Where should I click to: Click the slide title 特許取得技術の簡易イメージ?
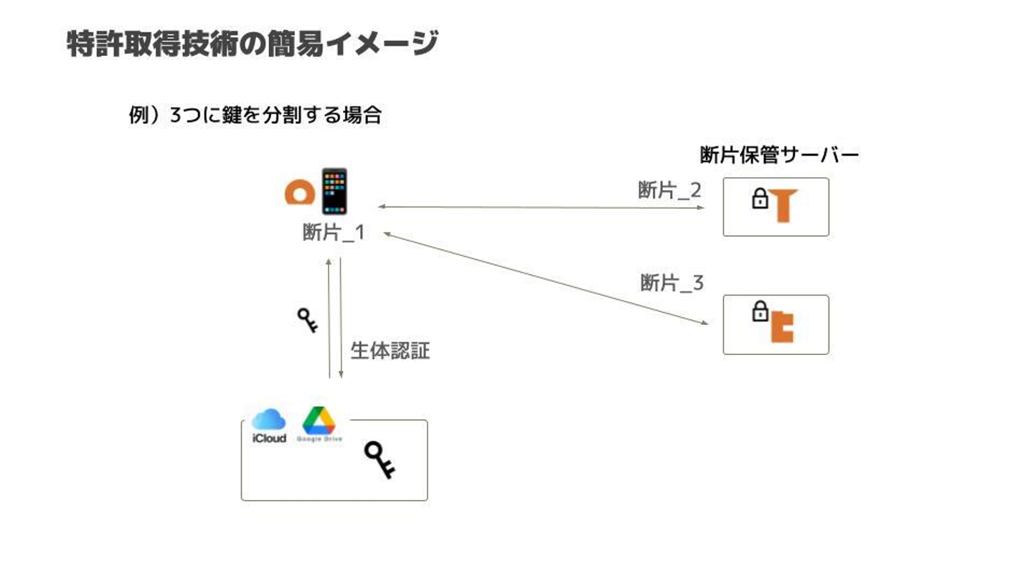252,44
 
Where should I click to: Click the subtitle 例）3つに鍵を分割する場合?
255,115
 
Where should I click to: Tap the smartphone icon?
334,192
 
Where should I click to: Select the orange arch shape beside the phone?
299,193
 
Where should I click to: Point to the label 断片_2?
669,190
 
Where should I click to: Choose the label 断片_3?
671,283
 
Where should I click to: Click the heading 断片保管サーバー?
779,155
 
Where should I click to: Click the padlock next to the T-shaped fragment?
760,199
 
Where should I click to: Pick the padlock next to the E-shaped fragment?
759,312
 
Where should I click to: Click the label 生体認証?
390,351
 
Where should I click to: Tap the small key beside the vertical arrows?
308,320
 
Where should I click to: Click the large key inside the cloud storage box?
379,460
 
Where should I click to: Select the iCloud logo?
269,425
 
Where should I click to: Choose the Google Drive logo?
319,425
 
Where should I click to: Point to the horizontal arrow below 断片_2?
542,207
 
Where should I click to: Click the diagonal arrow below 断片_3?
545,278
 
